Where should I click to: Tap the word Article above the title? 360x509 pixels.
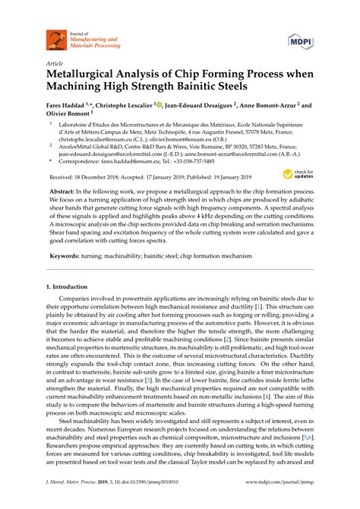point(54,63)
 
